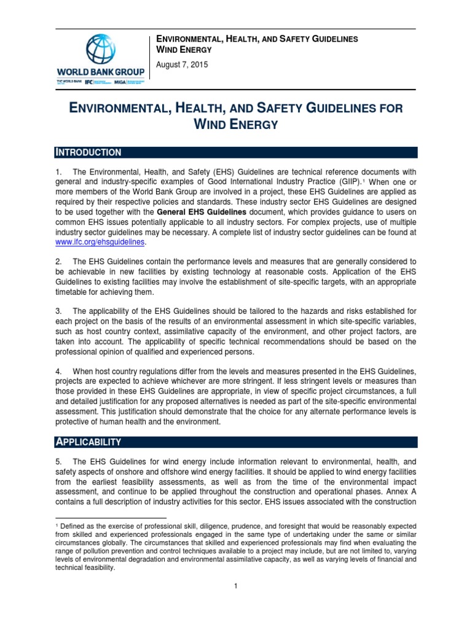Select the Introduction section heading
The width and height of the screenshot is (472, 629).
[x=89, y=152]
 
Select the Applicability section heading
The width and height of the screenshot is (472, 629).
[x=88, y=442]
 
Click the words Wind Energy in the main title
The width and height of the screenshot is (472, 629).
[x=236, y=125]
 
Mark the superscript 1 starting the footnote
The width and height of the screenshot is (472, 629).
[x=57, y=526]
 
